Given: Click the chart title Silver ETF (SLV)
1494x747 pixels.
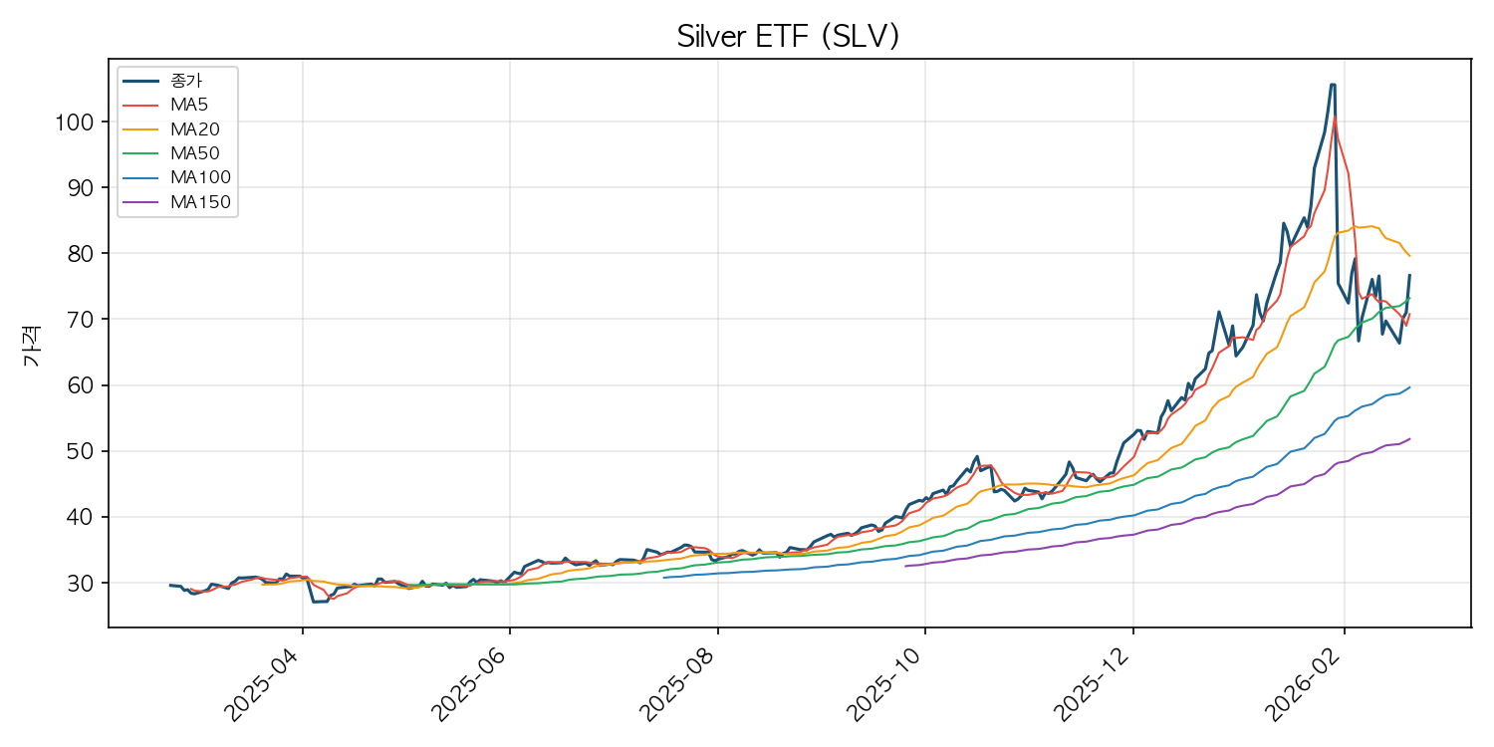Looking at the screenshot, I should tap(788, 36).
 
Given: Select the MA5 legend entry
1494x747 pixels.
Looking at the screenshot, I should tap(188, 105).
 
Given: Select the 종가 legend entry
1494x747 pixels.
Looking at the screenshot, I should tap(186, 81).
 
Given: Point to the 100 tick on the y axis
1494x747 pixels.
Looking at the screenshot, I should tap(79, 123).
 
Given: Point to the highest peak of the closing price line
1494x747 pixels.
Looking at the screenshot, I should tap(1333, 86).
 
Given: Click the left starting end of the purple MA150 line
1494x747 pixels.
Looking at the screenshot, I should tap(905, 567).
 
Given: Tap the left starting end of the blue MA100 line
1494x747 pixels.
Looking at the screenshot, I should tap(664, 578).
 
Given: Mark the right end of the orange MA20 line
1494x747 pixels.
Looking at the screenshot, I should tap(1409, 256).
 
